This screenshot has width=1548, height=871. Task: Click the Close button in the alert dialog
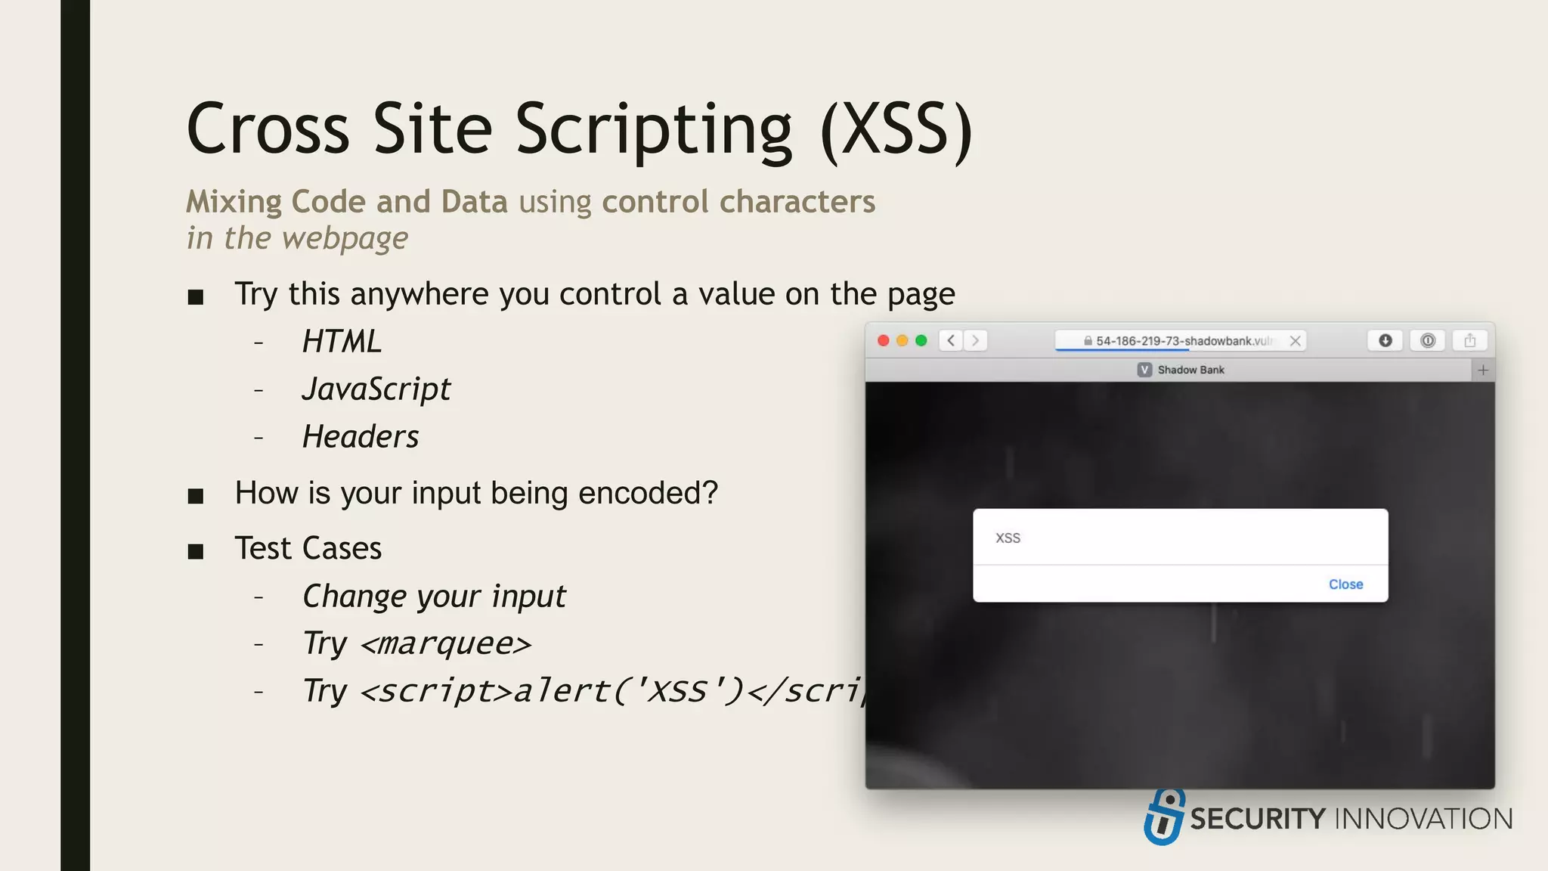pos(1345,584)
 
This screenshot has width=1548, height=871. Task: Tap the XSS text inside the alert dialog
pos(1008,538)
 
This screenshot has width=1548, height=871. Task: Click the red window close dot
pos(883,341)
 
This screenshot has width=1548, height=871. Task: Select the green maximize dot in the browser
pos(921,341)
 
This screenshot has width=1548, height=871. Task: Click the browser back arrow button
pos(951,341)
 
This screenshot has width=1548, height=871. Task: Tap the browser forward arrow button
pos(976,341)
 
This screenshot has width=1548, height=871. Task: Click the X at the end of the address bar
pos(1296,341)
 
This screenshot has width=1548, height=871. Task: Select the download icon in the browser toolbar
pos(1385,341)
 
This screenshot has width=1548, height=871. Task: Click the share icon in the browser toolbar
pos(1469,341)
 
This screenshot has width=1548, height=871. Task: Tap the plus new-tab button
pos(1483,370)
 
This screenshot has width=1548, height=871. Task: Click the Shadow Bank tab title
pos(1190,370)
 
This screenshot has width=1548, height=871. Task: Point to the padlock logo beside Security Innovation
pos(1164,817)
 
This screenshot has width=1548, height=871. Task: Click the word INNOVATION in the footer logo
pos(1424,819)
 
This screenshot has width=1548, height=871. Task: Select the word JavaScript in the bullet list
pos(376,389)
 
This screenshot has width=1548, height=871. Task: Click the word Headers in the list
pos(361,437)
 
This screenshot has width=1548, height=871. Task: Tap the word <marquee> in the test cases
pos(446,644)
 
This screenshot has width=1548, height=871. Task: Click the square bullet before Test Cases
pos(196,551)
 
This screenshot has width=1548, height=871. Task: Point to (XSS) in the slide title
pos(896,129)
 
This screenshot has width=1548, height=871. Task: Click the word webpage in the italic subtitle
pos(345,239)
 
